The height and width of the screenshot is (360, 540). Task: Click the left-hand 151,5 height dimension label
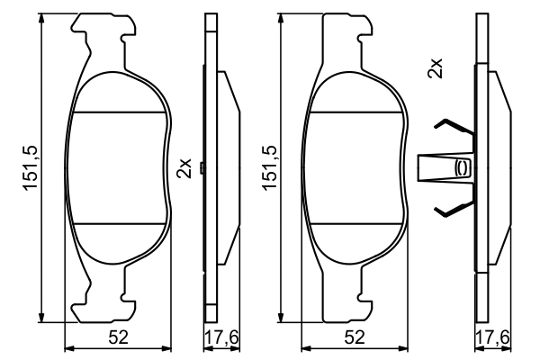click(29, 168)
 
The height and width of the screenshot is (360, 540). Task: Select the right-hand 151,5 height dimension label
click(266, 168)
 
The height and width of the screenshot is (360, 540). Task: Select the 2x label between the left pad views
click(184, 167)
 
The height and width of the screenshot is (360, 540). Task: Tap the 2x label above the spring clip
click(436, 67)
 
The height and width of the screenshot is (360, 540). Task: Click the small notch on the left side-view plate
click(206, 167)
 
